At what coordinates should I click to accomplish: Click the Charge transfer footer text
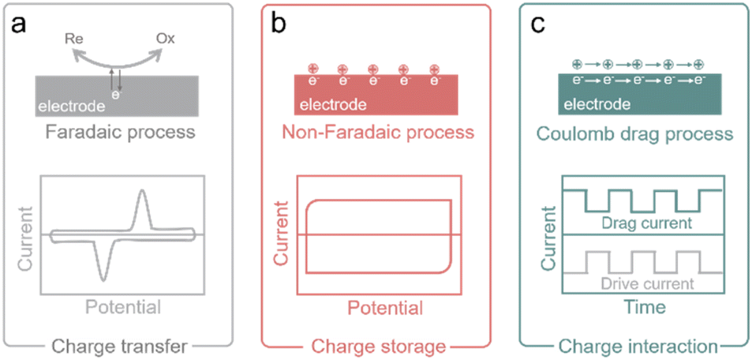click(x=118, y=344)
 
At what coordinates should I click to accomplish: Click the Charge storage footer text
click(x=376, y=344)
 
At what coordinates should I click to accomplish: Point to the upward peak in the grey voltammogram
click(x=142, y=194)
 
